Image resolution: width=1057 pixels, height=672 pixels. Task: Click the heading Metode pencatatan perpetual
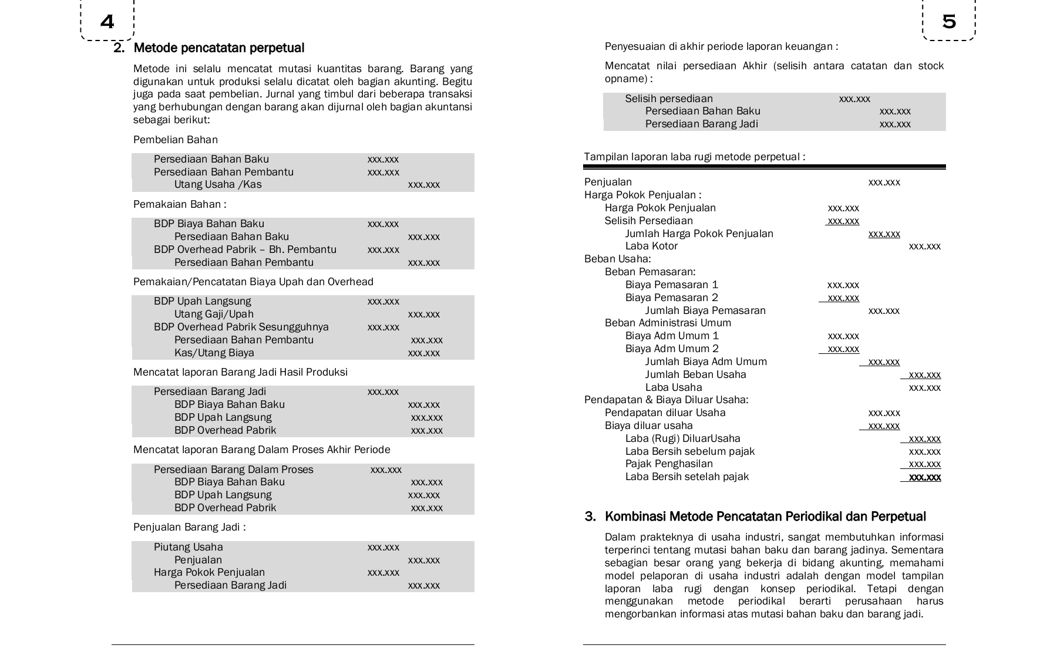pyautogui.click(x=218, y=48)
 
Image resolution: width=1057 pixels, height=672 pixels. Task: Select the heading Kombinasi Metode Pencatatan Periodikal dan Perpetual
pyautogui.click(x=765, y=516)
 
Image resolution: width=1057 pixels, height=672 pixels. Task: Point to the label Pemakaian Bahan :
pyautogui.click(x=180, y=204)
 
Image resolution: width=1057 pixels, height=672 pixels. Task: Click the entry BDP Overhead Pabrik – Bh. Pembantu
pyautogui.click(x=245, y=249)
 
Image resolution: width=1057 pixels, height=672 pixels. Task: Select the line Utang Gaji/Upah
pyautogui.click(x=214, y=314)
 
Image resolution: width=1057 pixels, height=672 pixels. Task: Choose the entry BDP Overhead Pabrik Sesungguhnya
pyautogui.click(x=241, y=327)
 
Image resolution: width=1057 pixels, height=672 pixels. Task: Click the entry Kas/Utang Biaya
pyautogui.click(x=214, y=353)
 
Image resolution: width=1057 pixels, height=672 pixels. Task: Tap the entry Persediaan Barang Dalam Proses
pyautogui.click(x=233, y=470)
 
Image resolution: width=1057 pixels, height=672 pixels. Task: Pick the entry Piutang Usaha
pyautogui.click(x=188, y=547)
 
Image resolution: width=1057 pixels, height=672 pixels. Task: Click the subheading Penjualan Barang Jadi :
pyautogui.click(x=189, y=527)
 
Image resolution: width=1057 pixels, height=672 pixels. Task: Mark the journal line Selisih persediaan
pyautogui.click(x=668, y=99)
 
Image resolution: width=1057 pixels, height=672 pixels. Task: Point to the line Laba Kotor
pyautogui.click(x=651, y=246)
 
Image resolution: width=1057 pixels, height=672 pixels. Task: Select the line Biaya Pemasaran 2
pyautogui.click(x=671, y=298)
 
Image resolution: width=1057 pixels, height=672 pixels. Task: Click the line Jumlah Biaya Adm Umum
pyautogui.click(x=706, y=362)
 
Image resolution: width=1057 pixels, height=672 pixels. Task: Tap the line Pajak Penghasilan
pyautogui.click(x=669, y=464)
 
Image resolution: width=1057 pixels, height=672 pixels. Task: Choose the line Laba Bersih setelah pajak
pyautogui.click(x=686, y=477)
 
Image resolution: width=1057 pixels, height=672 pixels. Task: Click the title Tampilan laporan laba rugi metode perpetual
pyautogui.click(x=694, y=157)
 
